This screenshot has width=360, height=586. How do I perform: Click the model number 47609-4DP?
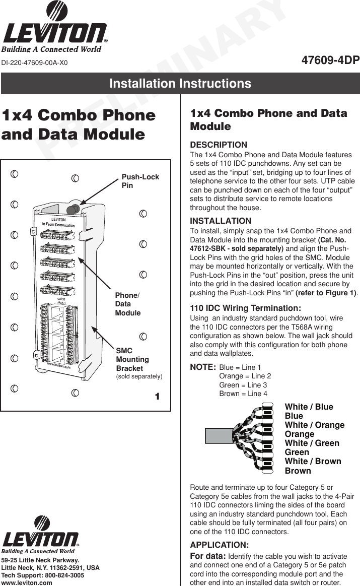330,61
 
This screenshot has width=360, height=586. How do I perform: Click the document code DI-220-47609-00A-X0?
34,63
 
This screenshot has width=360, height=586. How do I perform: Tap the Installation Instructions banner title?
180,84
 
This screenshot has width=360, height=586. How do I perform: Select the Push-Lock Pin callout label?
140,181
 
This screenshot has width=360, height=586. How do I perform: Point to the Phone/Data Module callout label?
127,304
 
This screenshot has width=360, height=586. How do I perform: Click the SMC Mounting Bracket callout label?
132,359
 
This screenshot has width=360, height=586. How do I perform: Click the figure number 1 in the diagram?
157,397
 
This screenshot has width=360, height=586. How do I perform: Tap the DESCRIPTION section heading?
218,145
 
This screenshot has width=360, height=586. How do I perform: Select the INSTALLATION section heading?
220,221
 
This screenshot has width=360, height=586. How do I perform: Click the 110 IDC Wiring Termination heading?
245,308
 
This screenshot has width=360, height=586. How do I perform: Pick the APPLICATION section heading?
219,545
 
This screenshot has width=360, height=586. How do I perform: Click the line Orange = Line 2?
245,376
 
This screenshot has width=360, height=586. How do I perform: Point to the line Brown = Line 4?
243,394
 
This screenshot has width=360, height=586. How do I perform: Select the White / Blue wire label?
309,407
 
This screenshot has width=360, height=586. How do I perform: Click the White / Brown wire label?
313,462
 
